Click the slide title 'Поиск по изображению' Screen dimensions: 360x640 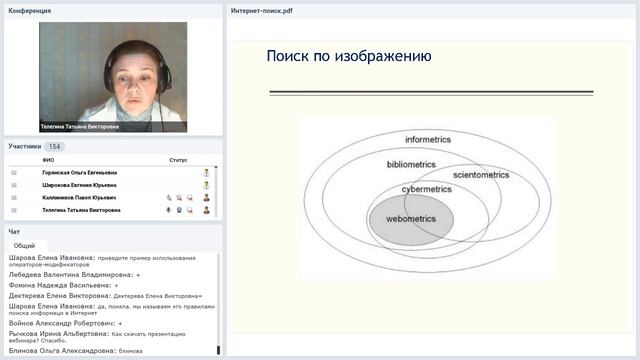(349, 56)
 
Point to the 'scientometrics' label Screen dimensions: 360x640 (481, 175)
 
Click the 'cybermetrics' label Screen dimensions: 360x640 (426, 188)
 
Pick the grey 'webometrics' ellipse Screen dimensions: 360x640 (411, 220)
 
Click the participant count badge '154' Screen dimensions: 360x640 (55, 146)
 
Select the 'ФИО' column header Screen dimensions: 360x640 (48, 160)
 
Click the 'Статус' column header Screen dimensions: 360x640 (178, 160)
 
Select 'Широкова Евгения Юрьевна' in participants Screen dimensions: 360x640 (79, 185)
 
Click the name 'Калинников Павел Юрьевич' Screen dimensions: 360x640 (81, 198)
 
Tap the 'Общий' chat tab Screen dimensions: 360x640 (25, 245)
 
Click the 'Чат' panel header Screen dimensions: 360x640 (14, 231)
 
